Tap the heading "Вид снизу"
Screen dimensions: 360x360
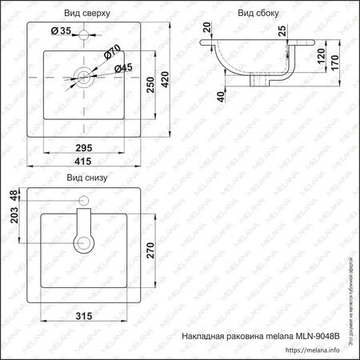click(87, 178)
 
